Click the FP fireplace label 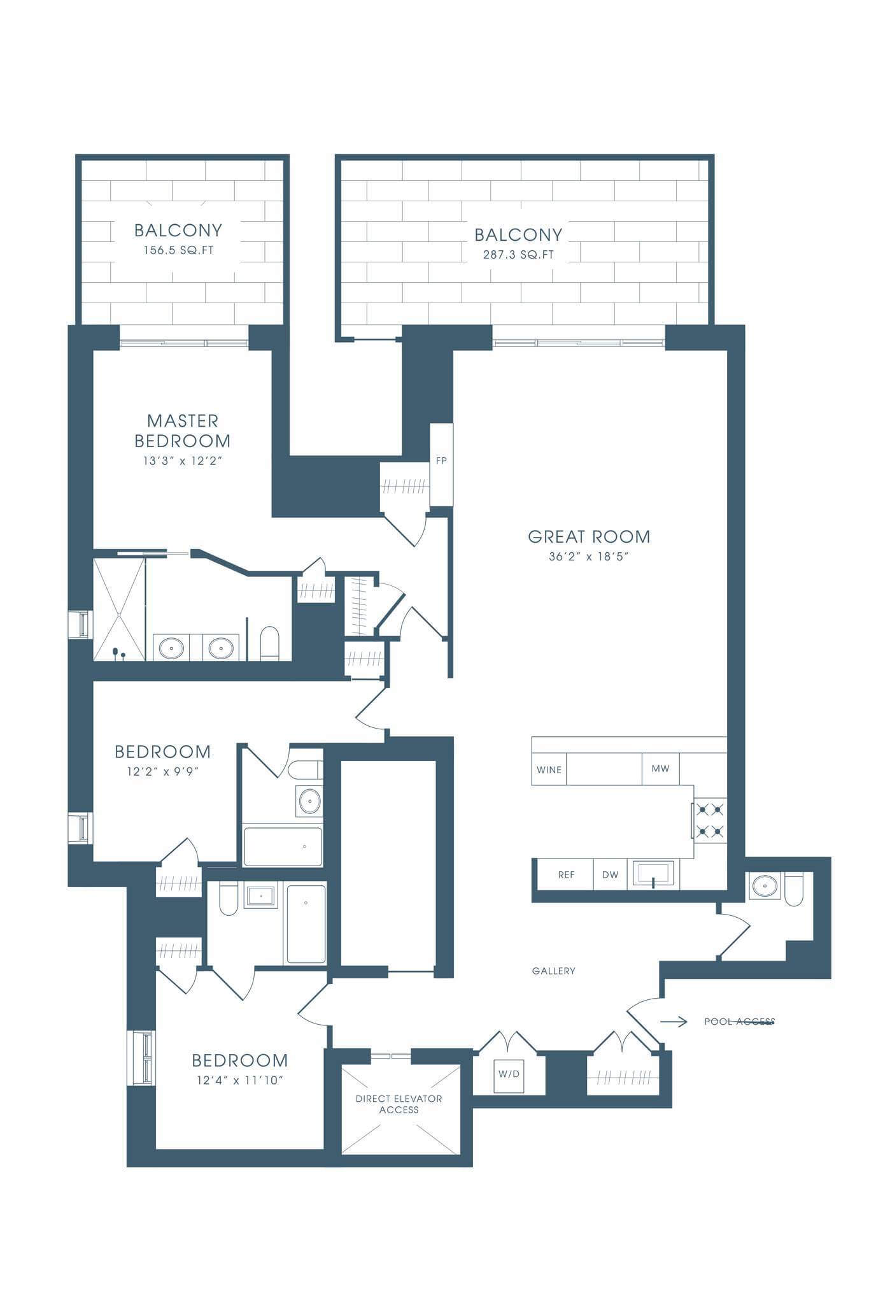[441, 460]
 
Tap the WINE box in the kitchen [549, 769]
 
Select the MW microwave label [660, 769]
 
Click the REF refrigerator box [566, 874]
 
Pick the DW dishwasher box [610, 874]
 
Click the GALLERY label [554, 971]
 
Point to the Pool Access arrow [674, 1022]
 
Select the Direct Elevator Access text [399, 1104]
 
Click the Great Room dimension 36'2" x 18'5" [589, 557]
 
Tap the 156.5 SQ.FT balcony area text [178, 250]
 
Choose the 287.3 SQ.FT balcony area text [518, 255]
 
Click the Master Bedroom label [183, 431]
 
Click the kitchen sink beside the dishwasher [653, 874]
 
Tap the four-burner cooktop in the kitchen [710, 820]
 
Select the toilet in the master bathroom [270, 643]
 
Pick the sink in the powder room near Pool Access [764, 885]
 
